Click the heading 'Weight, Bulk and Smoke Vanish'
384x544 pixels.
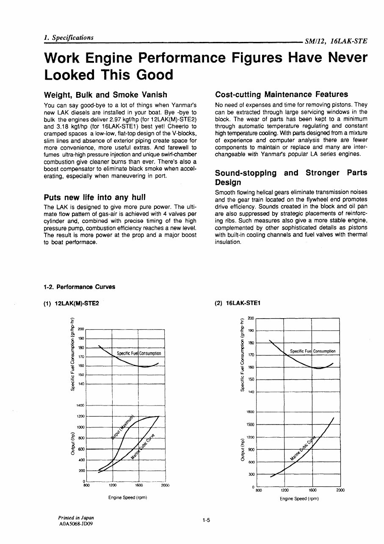tap(105, 94)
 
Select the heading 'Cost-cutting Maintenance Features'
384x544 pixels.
tap(282, 94)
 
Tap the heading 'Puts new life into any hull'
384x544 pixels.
tap(94, 197)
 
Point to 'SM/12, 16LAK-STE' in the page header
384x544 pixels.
tap(336, 42)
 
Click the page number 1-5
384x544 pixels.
tap(206, 520)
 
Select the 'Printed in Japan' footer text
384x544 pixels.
tap(76, 518)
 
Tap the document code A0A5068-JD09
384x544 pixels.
tap(76, 524)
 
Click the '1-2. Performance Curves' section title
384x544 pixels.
tap(79, 287)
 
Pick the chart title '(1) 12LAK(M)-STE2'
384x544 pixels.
tap(71, 303)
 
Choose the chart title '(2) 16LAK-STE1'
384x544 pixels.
tap(240, 303)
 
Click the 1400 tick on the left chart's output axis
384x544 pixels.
tap(80, 405)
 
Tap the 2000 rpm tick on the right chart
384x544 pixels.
tap(340, 490)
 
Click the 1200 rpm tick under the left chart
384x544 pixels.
tap(113, 486)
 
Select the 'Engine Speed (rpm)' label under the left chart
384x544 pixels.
tap(127, 497)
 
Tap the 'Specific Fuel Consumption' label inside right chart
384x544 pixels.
tap(312, 351)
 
